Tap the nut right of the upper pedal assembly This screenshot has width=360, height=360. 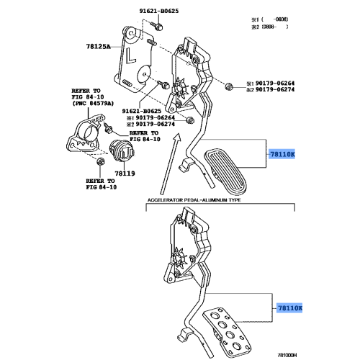[x=229, y=87]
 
